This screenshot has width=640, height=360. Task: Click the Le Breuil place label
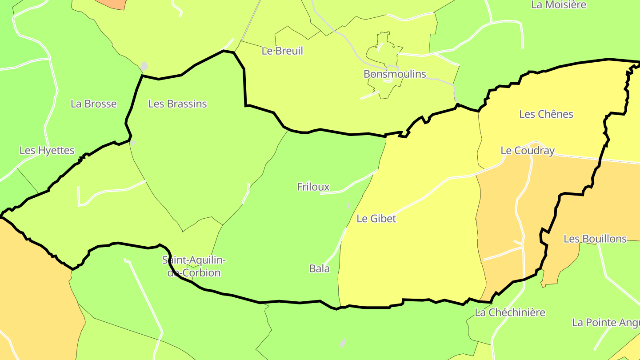pos(282,51)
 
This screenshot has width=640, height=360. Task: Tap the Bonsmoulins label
pos(395,74)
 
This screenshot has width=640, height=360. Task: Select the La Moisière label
pos(559,5)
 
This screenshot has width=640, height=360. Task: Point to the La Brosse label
pos(94,104)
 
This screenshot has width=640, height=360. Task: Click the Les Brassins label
pos(177,104)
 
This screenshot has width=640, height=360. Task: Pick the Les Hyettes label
pos(47,151)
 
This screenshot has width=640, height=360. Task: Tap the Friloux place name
pos(313,187)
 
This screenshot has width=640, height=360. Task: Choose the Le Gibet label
pos(376,219)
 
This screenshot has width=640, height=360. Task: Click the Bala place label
pos(320,268)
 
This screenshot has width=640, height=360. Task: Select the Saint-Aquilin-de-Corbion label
pos(194,266)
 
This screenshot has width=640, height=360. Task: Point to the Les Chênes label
pos(546,114)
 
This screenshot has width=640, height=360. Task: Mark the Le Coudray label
pos(528,151)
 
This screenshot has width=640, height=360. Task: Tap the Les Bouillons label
pos(595,239)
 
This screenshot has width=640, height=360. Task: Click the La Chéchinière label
pos(510,312)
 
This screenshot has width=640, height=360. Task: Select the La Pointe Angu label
pos(606,323)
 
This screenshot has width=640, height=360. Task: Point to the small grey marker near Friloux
pos(348,206)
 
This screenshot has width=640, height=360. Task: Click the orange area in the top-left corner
pos(111,4)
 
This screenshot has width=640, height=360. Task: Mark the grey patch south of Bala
pos(343,342)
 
